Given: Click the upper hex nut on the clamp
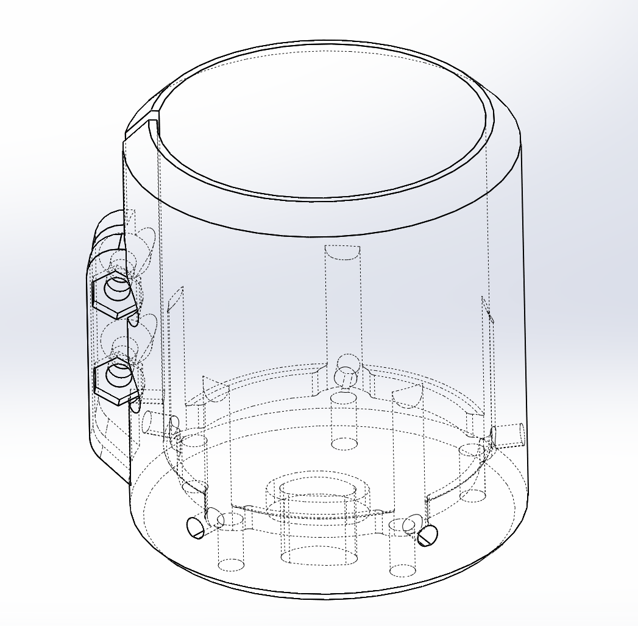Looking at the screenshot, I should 114,292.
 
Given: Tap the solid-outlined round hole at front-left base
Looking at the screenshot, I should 196,527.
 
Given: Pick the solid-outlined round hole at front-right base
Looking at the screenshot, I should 427,535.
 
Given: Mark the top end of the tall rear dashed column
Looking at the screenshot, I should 342,251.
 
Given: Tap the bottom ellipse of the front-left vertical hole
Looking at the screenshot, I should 232,565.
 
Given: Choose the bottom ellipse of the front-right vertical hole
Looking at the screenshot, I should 402,571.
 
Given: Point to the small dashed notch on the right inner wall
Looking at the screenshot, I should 487,308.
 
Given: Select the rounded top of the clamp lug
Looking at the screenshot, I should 110,223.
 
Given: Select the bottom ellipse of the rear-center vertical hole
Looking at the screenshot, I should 344,443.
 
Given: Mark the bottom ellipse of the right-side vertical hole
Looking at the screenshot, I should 473,495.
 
